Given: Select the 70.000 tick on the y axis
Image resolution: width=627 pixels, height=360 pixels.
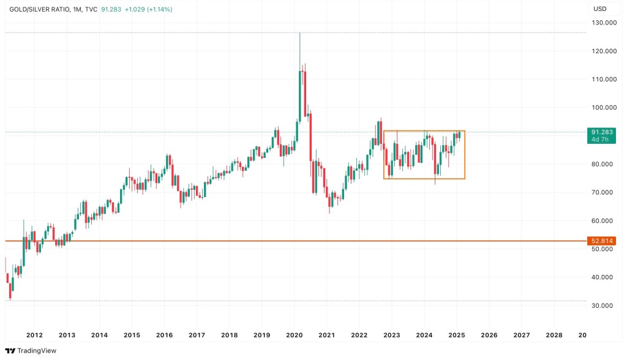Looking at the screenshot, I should pos(603,192).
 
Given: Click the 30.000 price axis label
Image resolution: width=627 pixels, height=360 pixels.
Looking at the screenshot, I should pos(603,306).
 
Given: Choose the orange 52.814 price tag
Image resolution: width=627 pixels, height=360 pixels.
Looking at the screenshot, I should pos(603,241).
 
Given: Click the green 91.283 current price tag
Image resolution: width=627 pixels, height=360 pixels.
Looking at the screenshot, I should pos(603,132).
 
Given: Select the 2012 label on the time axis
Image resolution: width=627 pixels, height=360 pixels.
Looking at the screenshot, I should pos(34,336).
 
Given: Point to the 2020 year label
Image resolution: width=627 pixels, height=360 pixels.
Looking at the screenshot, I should pos(295,336).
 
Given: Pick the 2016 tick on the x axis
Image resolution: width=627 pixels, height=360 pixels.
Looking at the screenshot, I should pos(164,336).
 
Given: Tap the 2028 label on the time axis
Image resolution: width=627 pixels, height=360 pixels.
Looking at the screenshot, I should pos(554,336).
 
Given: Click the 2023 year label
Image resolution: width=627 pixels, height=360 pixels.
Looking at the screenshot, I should pos(392,336).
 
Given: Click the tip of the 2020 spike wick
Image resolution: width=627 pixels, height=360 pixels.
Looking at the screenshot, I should pos(299,33).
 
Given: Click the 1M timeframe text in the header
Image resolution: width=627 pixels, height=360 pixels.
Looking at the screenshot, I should pos(77,10).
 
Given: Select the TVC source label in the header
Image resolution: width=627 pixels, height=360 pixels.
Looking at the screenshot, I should pos(91,10).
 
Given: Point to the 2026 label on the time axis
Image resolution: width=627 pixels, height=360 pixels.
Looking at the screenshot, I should pos(489,336).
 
